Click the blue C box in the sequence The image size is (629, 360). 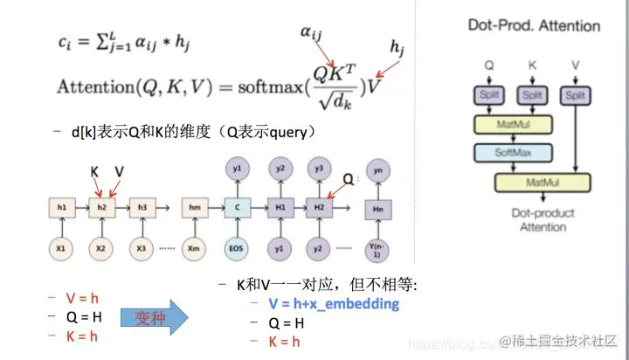click(x=237, y=208)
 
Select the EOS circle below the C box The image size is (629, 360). click(x=237, y=247)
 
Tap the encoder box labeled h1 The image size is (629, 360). click(x=61, y=208)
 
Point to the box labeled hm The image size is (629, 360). click(x=195, y=208)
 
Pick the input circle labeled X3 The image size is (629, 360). click(x=141, y=247)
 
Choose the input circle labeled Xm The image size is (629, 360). click(x=195, y=247)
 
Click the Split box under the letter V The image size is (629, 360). click(x=574, y=95)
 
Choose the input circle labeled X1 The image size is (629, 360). click(x=61, y=247)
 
